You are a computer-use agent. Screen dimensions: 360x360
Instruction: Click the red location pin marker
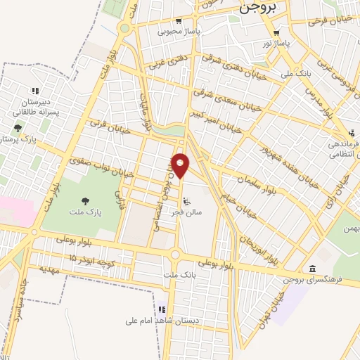[181, 165]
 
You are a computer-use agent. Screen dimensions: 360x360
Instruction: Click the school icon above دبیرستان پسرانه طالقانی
[34, 91]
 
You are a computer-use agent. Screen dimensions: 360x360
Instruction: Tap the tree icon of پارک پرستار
[17, 128]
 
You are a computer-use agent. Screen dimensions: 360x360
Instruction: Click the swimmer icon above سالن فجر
[186, 200]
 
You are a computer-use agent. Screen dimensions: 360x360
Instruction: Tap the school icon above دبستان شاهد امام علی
[162, 309]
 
